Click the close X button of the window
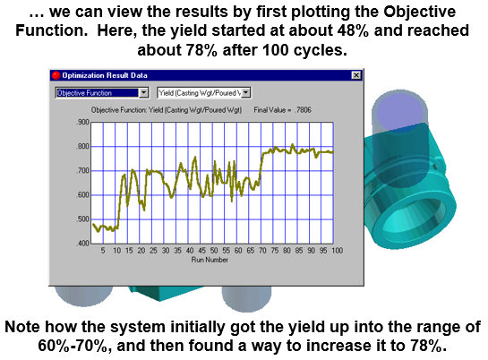click(x=356, y=75)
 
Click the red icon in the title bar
click(x=56, y=75)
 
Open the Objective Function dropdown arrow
click(x=143, y=93)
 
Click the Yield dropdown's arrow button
click(x=246, y=93)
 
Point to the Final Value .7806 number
click(x=303, y=110)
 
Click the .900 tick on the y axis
click(x=82, y=122)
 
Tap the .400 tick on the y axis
click(x=82, y=243)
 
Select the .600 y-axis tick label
click(x=82, y=195)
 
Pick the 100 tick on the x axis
click(x=337, y=251)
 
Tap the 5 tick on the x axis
click(x=103, y=251)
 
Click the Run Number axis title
click(x=210, y=260)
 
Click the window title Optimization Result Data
click(x=105, y=75)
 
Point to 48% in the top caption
click(x=353, y=30)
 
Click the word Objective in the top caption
click(x=419, y=13)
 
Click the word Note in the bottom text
click(x=22, y=327)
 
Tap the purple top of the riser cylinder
click(x=400, y=111)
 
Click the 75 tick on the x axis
click(x=275, y=251)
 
